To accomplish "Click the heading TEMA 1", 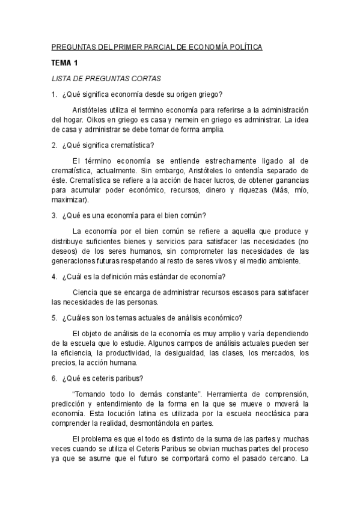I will tap(65, 63).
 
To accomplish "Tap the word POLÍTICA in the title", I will tap(243, 47).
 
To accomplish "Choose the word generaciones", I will tap(74, 260).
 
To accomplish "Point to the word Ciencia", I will tap(85, 292).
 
